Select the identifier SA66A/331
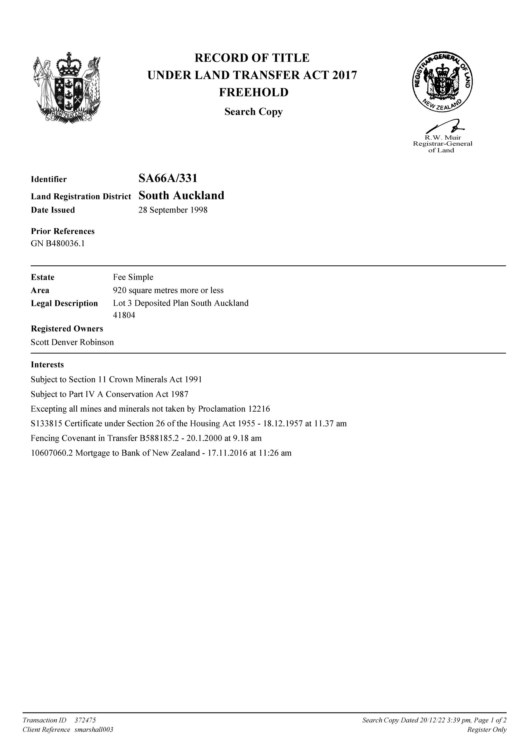tap(168, 178)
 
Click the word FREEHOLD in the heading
tap(253, 93)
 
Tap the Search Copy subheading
tap(253, 112)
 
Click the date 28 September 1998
tap(173, 210)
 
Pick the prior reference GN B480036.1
tap(58, 244)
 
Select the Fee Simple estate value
tap(133, 277)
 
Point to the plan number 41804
tap(124, 315)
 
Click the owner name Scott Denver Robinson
tap(72, 342)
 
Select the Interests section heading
tap(47, 365)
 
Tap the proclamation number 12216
tap(259, 409)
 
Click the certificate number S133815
tap(46, 424)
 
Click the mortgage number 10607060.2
tap(52, 453)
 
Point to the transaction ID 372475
tap(85, 720)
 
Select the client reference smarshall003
tap(94, 730)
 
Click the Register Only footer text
tap(487, 730)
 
